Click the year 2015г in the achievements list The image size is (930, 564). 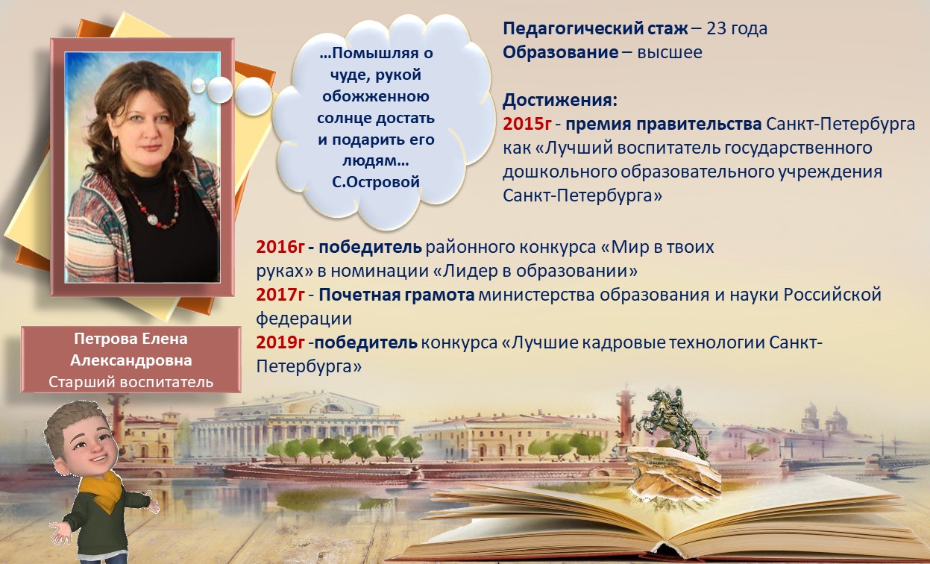click(x=527, y=123)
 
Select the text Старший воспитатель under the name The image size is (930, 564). click(x=131, y=382)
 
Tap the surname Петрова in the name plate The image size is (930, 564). click(x=102, y=339)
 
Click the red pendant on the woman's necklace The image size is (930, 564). click(x=152, y=220)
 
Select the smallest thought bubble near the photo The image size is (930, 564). click(x=198, y=86)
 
